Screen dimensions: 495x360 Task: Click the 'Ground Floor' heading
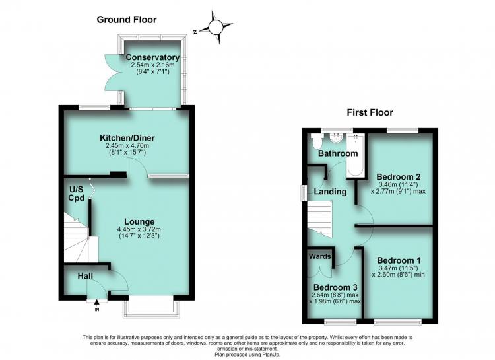pos(127,20)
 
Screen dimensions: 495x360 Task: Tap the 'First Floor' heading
pos(370,112)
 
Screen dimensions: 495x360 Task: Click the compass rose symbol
pos(216,27)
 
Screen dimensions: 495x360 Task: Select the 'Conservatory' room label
pos(153,57)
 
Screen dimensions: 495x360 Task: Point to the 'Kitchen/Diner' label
pos(127,138)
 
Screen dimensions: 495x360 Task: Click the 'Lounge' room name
pos(139,221)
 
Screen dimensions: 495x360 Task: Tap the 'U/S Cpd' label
pos(77,194)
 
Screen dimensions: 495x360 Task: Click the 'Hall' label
pos(85,276)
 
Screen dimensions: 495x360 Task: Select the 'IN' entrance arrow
pos(96,305)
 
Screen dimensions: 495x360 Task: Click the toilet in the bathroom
pos(316,141)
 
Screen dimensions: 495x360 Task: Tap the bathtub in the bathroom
pos(356,155)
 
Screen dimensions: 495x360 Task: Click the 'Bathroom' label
pos(338,153)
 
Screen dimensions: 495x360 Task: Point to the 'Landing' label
pos(330,191)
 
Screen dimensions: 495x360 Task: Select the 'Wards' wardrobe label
pos(319,256)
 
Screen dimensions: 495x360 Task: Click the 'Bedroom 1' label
pos(399,260)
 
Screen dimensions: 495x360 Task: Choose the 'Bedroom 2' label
pos(399,176)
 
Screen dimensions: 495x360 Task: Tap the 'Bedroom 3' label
pos(335,287)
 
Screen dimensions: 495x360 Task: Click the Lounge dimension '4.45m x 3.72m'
pos(139,229)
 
